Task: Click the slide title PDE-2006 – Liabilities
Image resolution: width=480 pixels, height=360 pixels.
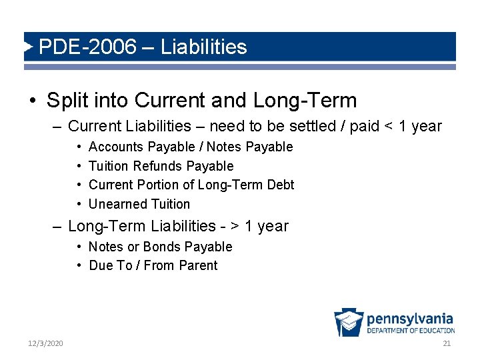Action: tap(143, 47)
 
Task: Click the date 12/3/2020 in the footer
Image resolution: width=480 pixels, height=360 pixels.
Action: tap(45, 343)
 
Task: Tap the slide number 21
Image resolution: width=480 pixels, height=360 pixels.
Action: tap(447, 343)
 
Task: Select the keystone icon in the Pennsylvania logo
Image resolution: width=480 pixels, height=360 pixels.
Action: tap(348, 323)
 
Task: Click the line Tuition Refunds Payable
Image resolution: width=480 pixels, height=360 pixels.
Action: tap(161, 166)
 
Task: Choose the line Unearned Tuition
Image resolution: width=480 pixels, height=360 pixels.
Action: tap(139, 204)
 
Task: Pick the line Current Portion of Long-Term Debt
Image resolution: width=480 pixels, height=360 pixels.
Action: tap(191, 185)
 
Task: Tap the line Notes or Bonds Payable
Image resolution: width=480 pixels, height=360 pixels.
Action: tap(160, 247)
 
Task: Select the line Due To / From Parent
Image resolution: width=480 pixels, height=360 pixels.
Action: tap(153, 265)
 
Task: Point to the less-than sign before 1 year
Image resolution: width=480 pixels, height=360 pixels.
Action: tap(389, 127)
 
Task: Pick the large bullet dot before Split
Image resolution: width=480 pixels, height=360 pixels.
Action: tap(33, 101)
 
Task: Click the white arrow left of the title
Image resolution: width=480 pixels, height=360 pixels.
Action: tap(28, 47)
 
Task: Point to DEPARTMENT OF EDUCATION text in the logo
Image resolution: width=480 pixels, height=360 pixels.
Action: tap(411, 331)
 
